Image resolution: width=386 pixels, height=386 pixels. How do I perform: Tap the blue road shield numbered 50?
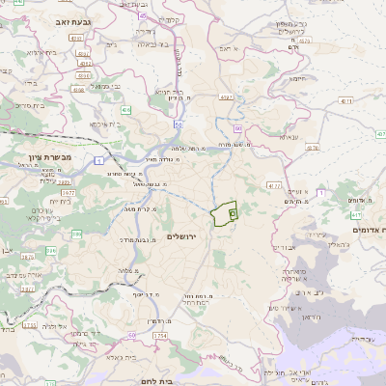pos(179,124)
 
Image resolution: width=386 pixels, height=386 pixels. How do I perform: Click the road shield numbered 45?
pos(144,16)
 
